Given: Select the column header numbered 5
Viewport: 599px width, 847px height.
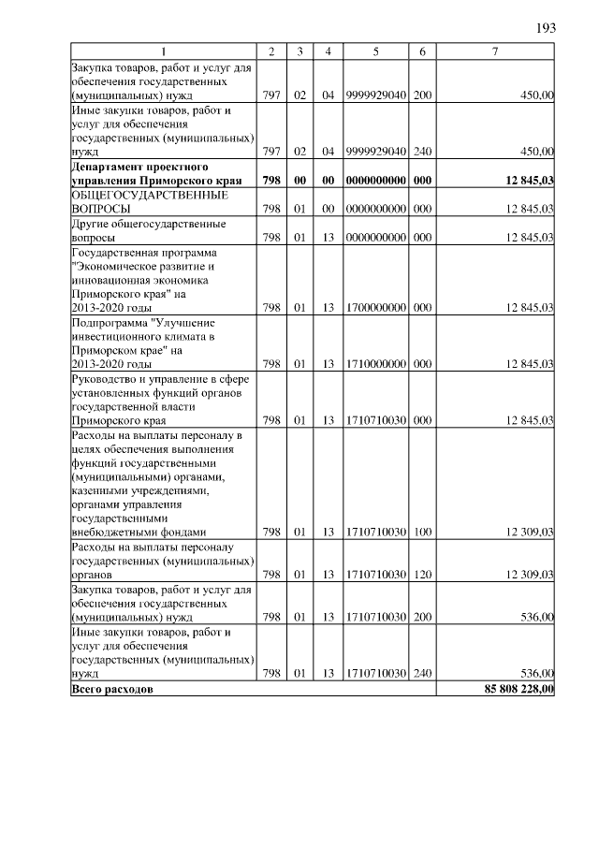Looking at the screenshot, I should [x=375, y=51].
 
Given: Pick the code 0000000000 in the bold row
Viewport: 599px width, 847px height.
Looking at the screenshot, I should [x=375, y=180].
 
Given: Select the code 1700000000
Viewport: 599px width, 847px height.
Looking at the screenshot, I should [x=375, y=307].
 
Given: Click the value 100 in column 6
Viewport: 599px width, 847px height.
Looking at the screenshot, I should [x=422, y=533].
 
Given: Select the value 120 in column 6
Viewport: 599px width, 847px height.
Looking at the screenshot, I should [x=422, y=574].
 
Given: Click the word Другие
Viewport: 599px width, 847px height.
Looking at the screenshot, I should [x=90, y=224].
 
